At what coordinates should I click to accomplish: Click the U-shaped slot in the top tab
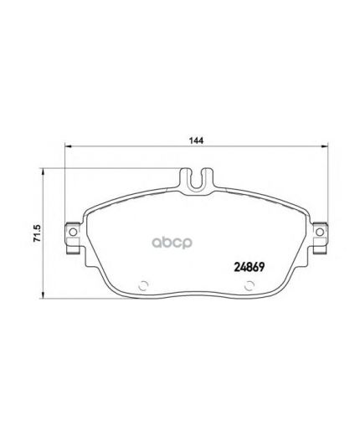pos(198,177)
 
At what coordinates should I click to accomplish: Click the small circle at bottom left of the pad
pos(142,284)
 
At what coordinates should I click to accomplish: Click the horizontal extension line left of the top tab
pos(109,168)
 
